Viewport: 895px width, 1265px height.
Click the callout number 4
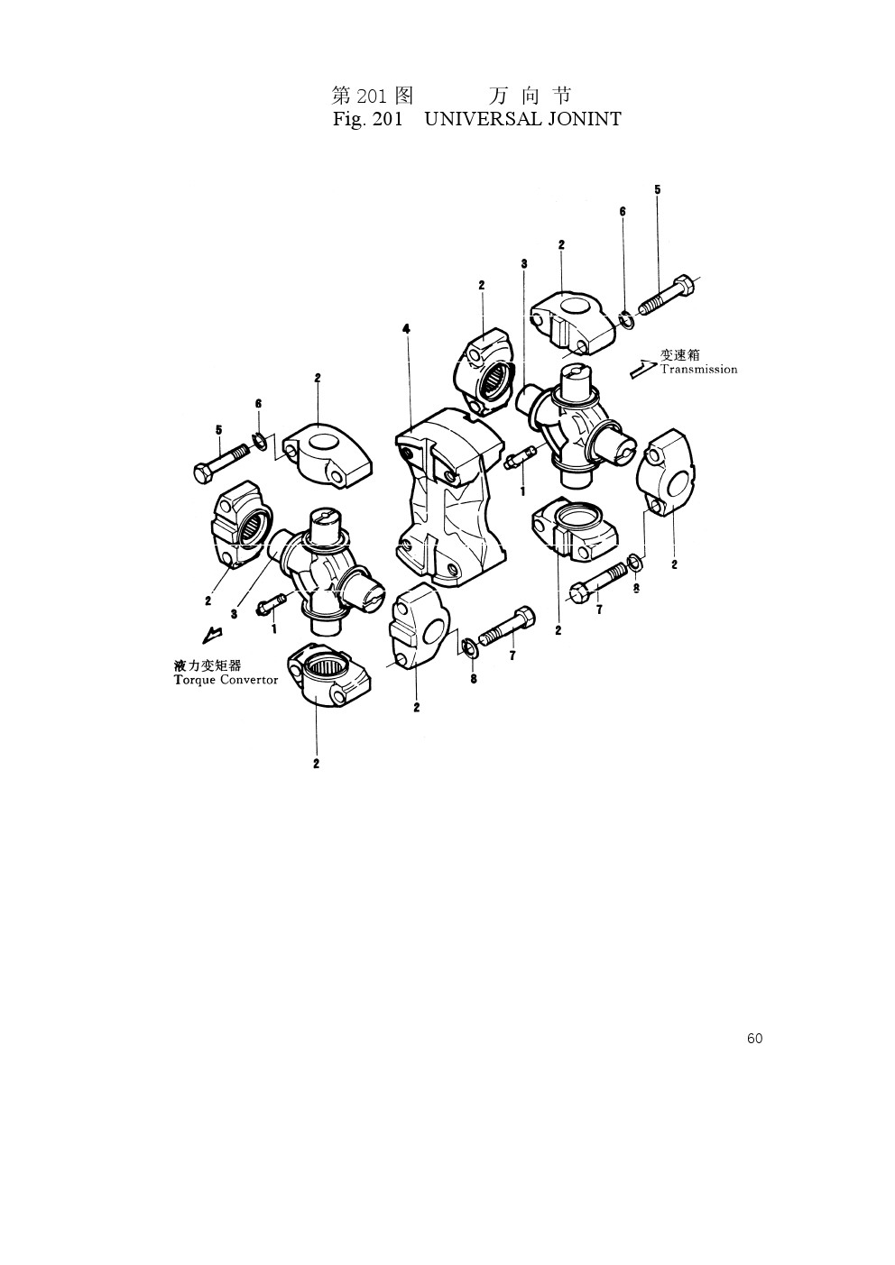(x=406, y=328)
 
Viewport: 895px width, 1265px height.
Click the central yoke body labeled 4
(x=450, y=498)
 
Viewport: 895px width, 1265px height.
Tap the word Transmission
(x=699, y=370)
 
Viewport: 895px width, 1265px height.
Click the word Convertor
(x=249, y=679)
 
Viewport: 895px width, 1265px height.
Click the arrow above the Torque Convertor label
(x=211, y=634)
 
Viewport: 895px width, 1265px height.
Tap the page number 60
(x=754, y=1038)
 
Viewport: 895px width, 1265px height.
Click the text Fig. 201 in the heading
(x=368, y=119)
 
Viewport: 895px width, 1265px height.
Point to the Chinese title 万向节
(x=530, y=96)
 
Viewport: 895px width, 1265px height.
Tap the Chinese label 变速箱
(x=679, y=354)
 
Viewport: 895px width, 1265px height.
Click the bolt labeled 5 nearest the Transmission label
(x=668, y=296)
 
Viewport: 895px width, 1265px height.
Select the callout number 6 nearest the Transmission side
(x=623, y=212)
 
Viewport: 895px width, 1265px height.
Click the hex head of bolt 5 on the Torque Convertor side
(x=202, y=472)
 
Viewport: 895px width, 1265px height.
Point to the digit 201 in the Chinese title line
(x=373, y=96)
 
